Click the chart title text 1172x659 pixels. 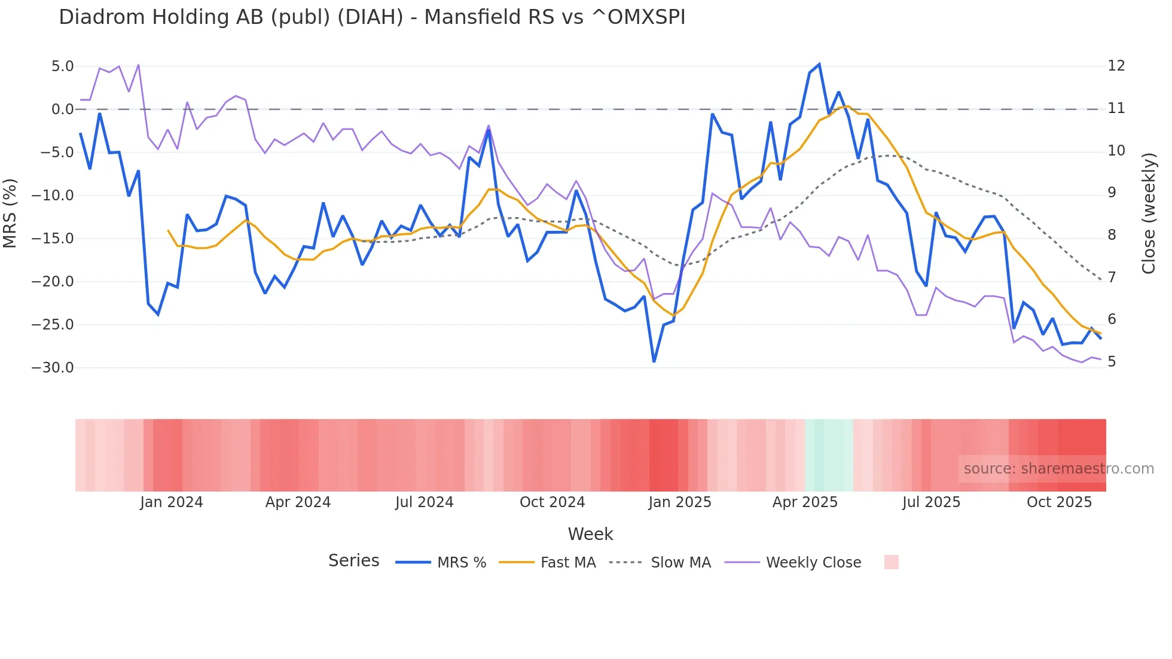pos(372,17)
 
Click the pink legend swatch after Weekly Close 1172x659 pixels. pos(891,562)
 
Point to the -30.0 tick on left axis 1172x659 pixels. pos(53,368)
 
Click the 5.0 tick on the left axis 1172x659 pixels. pos(62,66)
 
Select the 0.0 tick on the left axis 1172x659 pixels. pos(62,109)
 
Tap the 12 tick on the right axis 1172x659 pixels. pos(1116,66)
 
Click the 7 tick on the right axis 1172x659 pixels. pos(1112,277)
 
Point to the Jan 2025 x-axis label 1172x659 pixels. pos(680,502)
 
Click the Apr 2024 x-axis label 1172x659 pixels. pos(298,502)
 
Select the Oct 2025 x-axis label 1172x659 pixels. pos(1059,502)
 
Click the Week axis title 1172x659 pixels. pos(590,534)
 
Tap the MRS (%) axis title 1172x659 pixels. pos(10,213)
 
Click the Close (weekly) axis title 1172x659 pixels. pos(1149,213)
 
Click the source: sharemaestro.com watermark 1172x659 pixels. pos(1058,469)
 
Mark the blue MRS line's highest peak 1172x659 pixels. pos(819,65)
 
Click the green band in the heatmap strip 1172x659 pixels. pos(829,455)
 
